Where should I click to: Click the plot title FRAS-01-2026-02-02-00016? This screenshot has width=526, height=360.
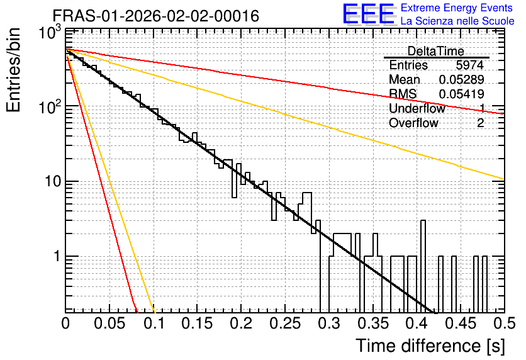click(x=156, y=16)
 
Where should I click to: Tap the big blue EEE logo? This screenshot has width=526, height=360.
click(x=368, y=14)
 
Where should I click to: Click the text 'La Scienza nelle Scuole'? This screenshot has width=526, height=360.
click(x=457, y=21)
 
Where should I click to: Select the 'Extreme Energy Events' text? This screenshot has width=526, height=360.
click(x=457, y=8)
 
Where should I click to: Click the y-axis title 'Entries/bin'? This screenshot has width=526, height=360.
click(x=13, y=70)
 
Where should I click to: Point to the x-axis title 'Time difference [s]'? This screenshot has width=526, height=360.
click(x=430, y=346)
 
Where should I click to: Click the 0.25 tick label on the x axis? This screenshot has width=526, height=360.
click(x=285, y=323)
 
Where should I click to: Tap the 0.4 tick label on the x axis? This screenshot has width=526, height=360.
click(x=417, y=323)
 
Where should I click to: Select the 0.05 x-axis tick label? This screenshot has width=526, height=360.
click(x=109, y=323)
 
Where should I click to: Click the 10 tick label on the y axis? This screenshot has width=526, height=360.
click(x=52, y=181)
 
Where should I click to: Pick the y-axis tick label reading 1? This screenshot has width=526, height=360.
click(x=57, y=257)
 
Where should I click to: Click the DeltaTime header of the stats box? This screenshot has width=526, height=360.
click(x=436, y=51)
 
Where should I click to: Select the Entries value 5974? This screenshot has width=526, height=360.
click(x=469, y=65)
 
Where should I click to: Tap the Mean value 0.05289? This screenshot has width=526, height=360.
click(x=461, y=79)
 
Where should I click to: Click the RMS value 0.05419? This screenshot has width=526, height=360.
click(x=461, y=94)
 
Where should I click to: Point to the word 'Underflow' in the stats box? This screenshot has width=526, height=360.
click(x=417, y=108)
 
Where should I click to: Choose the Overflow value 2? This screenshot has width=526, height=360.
click(x=480, y=123)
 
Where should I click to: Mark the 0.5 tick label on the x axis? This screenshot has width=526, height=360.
click(x=504, y=323)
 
